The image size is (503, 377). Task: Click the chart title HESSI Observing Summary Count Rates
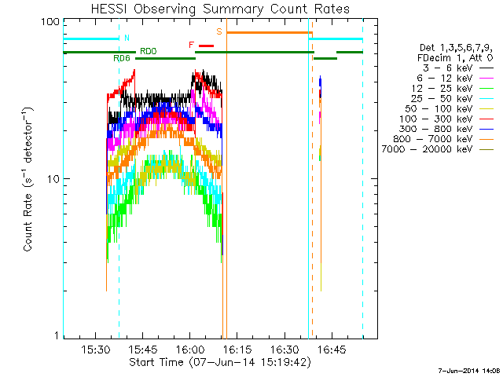coord(220,9)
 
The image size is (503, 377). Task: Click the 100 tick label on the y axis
coord(50,21)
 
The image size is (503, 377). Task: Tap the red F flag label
coord(192,45)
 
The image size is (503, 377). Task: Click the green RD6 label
coord(122,58)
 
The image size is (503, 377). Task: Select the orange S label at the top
coord(219,31)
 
